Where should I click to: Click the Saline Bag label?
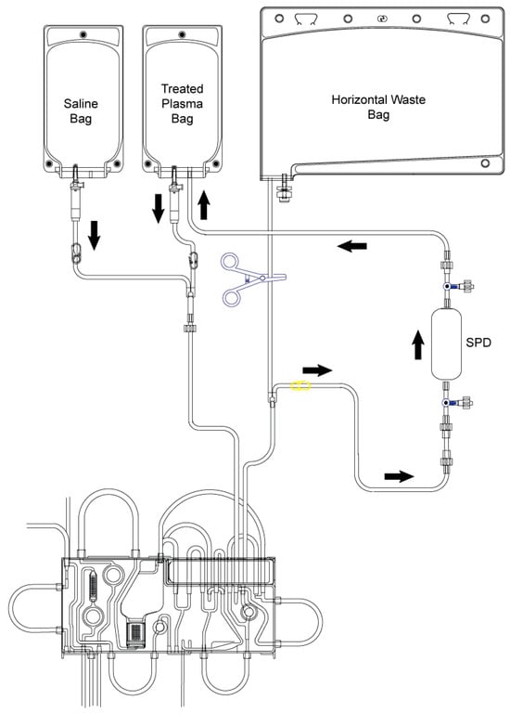(81, 111)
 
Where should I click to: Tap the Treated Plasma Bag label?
(182, 104)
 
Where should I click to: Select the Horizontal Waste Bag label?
(378, 107)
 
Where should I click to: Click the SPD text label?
(478, 343)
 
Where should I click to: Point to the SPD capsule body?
(446, 344)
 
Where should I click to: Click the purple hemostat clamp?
(249, 279)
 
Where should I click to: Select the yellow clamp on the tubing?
(300, 386)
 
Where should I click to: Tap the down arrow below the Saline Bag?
(94, 235)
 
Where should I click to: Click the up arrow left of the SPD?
(418, 344)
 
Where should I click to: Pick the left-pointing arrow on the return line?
(352, 246)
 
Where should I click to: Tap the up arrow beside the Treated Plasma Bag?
(204, 204)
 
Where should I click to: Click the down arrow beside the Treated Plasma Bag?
(158, 209)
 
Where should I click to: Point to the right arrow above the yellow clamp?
(317, 369)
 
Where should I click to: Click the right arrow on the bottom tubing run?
(399, 476)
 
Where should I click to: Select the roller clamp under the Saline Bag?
(76, 253)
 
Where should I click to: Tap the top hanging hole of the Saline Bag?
(83, 34)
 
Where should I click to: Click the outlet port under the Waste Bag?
(285, 188)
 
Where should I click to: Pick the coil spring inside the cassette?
(94, 586)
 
